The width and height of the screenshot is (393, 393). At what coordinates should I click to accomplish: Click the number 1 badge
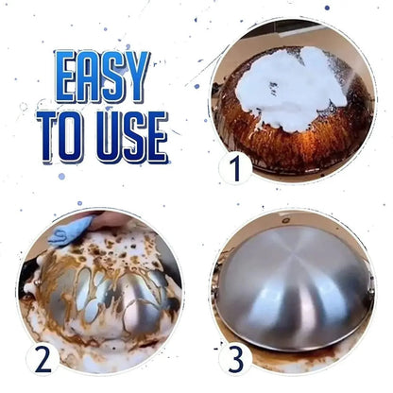point(234,169)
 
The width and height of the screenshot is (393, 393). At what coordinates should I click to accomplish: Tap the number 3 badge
point(234,361)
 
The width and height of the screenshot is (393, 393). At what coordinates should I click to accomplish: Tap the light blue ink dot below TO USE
point(60,176)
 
